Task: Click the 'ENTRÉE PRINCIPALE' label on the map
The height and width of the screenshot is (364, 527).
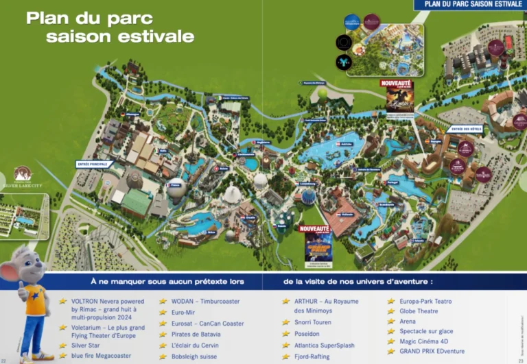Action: point(93,165)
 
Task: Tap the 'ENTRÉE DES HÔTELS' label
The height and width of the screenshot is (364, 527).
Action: point(463,129)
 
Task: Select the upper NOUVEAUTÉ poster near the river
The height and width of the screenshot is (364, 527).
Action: point(400,96)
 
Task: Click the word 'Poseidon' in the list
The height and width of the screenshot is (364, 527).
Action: point(308,334)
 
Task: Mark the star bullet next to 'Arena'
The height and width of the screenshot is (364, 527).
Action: point(392,321)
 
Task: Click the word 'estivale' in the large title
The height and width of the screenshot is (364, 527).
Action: point(157,36)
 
